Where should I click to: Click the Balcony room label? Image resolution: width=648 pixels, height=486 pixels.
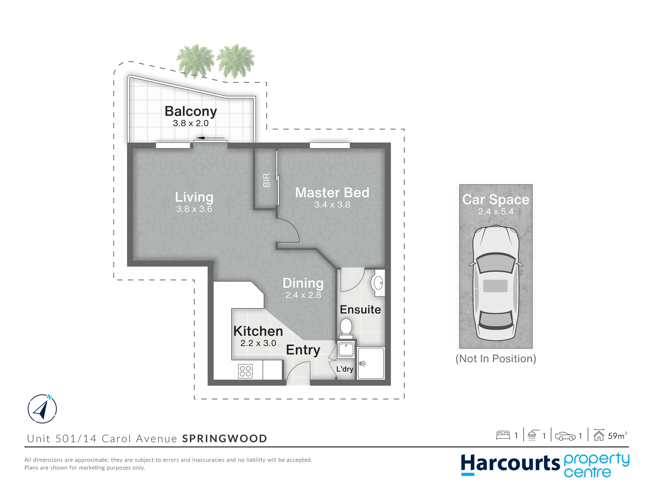click(x=191, y=111)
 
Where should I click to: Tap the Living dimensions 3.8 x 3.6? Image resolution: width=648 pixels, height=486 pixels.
click(x=194, y=209)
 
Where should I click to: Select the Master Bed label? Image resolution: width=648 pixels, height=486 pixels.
click(x=332, y=192)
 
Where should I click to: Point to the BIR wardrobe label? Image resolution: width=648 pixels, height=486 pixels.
click(x=266, y=180)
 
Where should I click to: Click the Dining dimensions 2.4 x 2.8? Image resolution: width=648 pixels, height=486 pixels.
click(x=303, y=295)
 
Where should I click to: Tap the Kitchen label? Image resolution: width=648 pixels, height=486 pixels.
click(x=258, y=331)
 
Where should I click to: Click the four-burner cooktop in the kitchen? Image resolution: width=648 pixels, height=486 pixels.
click(x=245, y=371)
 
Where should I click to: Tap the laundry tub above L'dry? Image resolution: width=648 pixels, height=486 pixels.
click(x=346, y=349)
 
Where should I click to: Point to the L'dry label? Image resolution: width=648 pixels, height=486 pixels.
click(x=345, y=369)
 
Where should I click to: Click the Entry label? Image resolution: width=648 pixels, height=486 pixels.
click(x=303, y=350)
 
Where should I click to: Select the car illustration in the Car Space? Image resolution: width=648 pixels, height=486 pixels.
click(x=496, y=283)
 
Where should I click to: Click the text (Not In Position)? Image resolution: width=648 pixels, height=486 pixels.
click(x=496, y=359)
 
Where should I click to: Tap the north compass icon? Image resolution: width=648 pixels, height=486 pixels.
click(x=42, y=409)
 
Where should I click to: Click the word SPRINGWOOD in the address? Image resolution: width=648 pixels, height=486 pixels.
click(x=225, y=439)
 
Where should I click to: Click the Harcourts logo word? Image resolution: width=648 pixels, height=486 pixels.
click(x=510, y=463)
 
